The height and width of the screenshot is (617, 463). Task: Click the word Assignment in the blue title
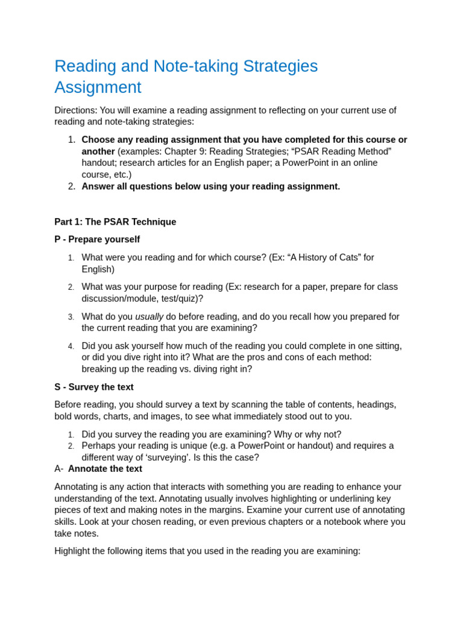click(98, 87)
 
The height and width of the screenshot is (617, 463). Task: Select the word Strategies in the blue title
click(277, 66)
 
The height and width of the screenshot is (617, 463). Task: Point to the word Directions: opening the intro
click(75, 110)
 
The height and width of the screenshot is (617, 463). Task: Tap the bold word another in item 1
click(98, 151)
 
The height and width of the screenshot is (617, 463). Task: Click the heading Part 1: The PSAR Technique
click(115, 222)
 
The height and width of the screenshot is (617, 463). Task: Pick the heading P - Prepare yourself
click(97, 239)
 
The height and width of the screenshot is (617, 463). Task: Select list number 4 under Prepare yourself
click(71, 346)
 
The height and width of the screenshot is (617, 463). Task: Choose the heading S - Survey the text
click(94, 387)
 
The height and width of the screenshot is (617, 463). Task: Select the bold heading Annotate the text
click(105, 469)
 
